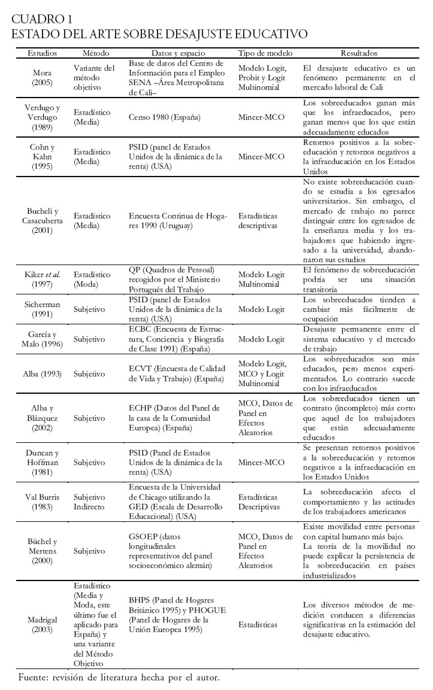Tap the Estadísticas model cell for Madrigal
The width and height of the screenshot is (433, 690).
coord(261,624)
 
